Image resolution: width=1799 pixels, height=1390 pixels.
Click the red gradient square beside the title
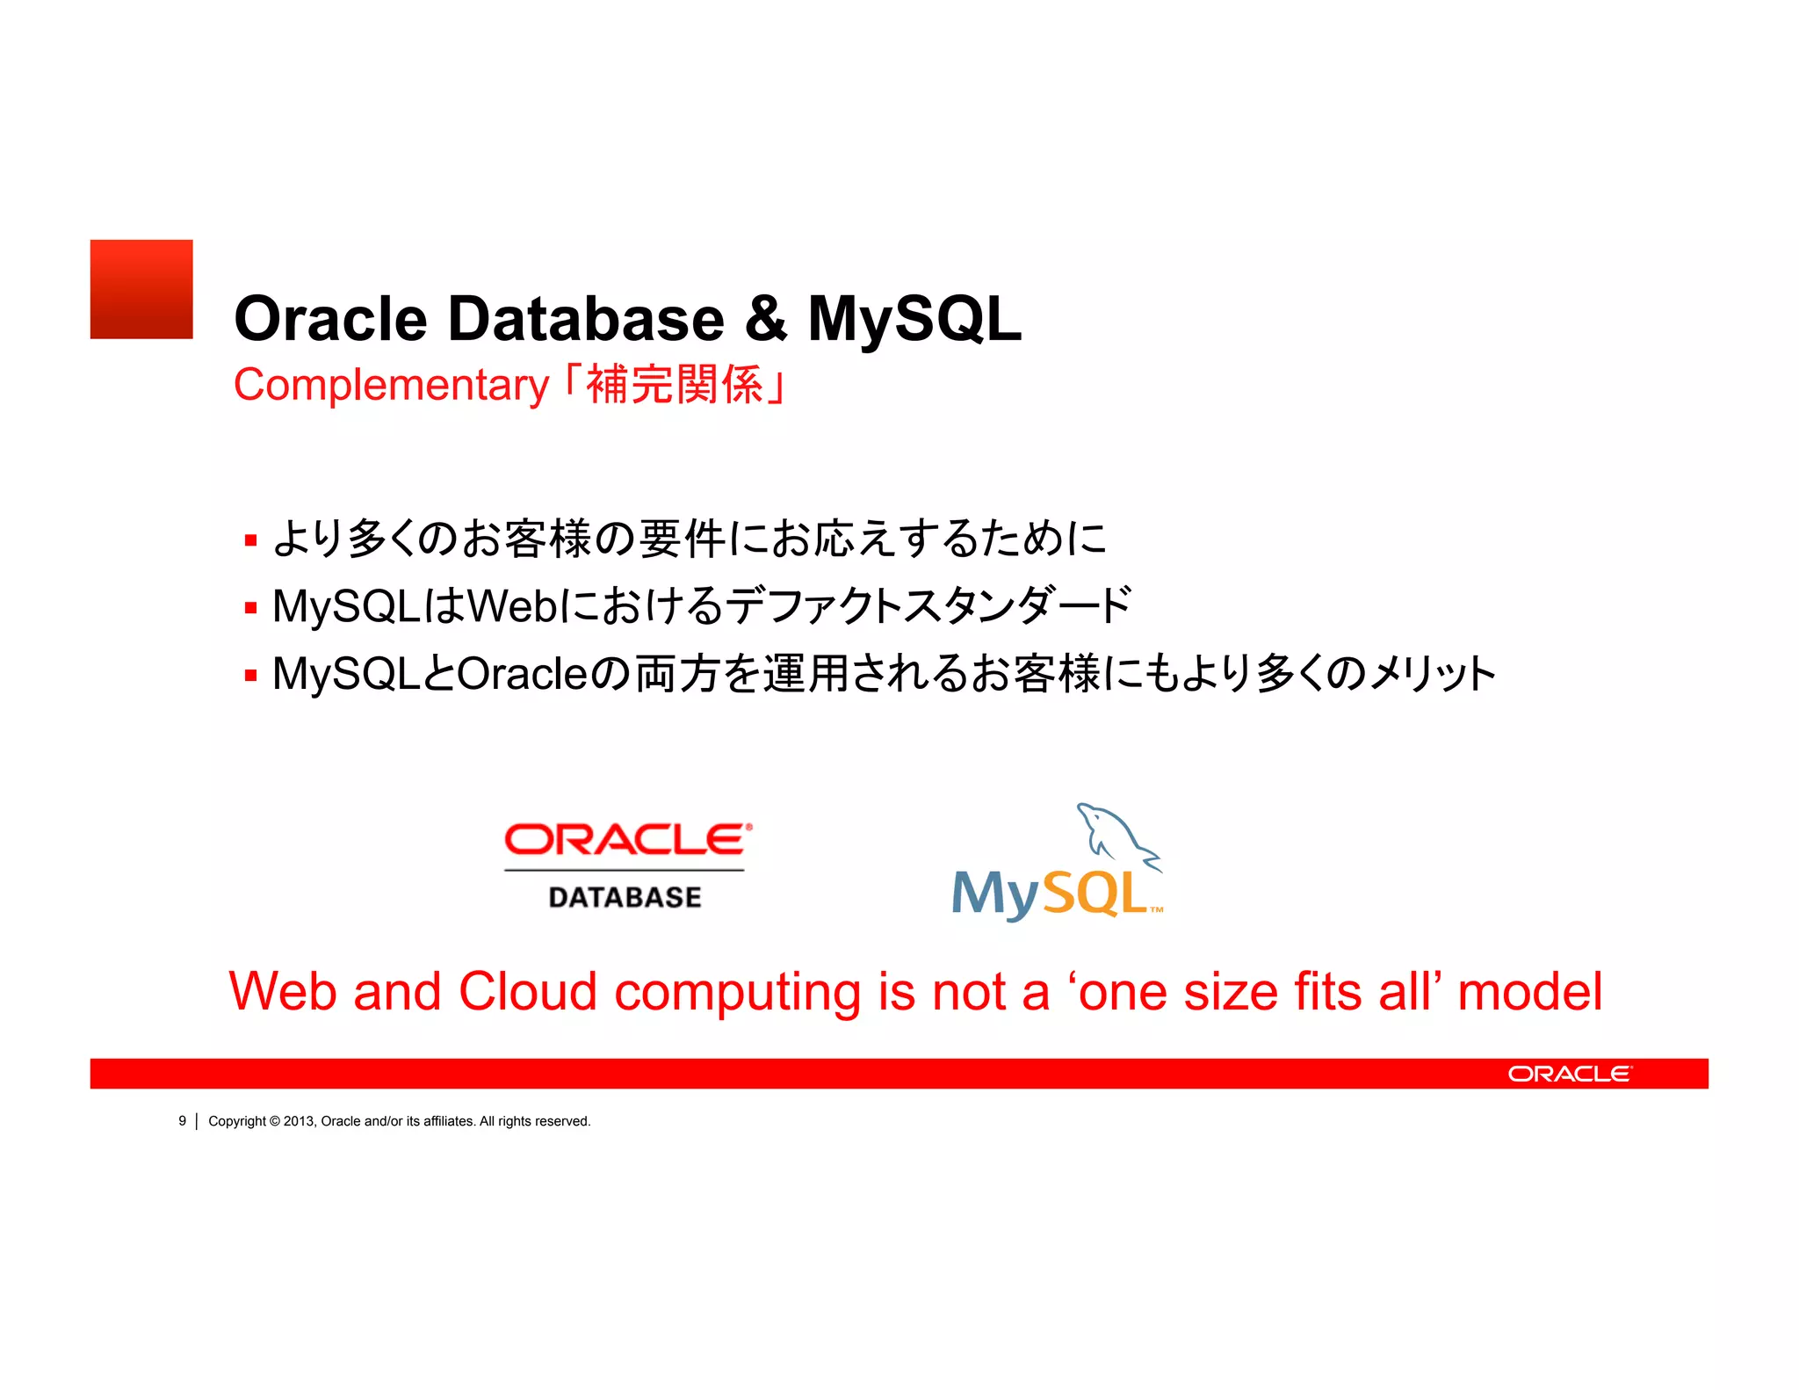point(141,289)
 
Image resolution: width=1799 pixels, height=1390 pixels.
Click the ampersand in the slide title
point(766,318)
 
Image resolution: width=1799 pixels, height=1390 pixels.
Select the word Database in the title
point(586,318)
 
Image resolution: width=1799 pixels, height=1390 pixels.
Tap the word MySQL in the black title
point(914,320)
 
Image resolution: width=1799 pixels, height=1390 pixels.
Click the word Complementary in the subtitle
point(391,386)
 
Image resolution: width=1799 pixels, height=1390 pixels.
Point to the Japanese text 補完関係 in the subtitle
point(675,386)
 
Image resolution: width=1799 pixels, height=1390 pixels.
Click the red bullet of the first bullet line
point(251,540)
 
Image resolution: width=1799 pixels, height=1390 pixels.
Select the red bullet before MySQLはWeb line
point(251,607)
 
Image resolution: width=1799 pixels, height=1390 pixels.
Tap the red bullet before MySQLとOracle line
point(251,676)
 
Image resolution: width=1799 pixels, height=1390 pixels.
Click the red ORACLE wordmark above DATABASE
point(627,840)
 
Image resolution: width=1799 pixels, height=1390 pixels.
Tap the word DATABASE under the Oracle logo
point(625,897)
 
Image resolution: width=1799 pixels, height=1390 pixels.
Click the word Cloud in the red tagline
point(528,992)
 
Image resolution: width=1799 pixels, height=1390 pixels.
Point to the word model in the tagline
point(1529,992)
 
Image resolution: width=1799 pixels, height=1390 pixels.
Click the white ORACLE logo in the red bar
point(1569,1074)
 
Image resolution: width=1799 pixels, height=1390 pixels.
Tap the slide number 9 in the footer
point(183,1121)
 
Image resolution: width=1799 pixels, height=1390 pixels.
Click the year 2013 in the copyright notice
point(299,1121)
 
